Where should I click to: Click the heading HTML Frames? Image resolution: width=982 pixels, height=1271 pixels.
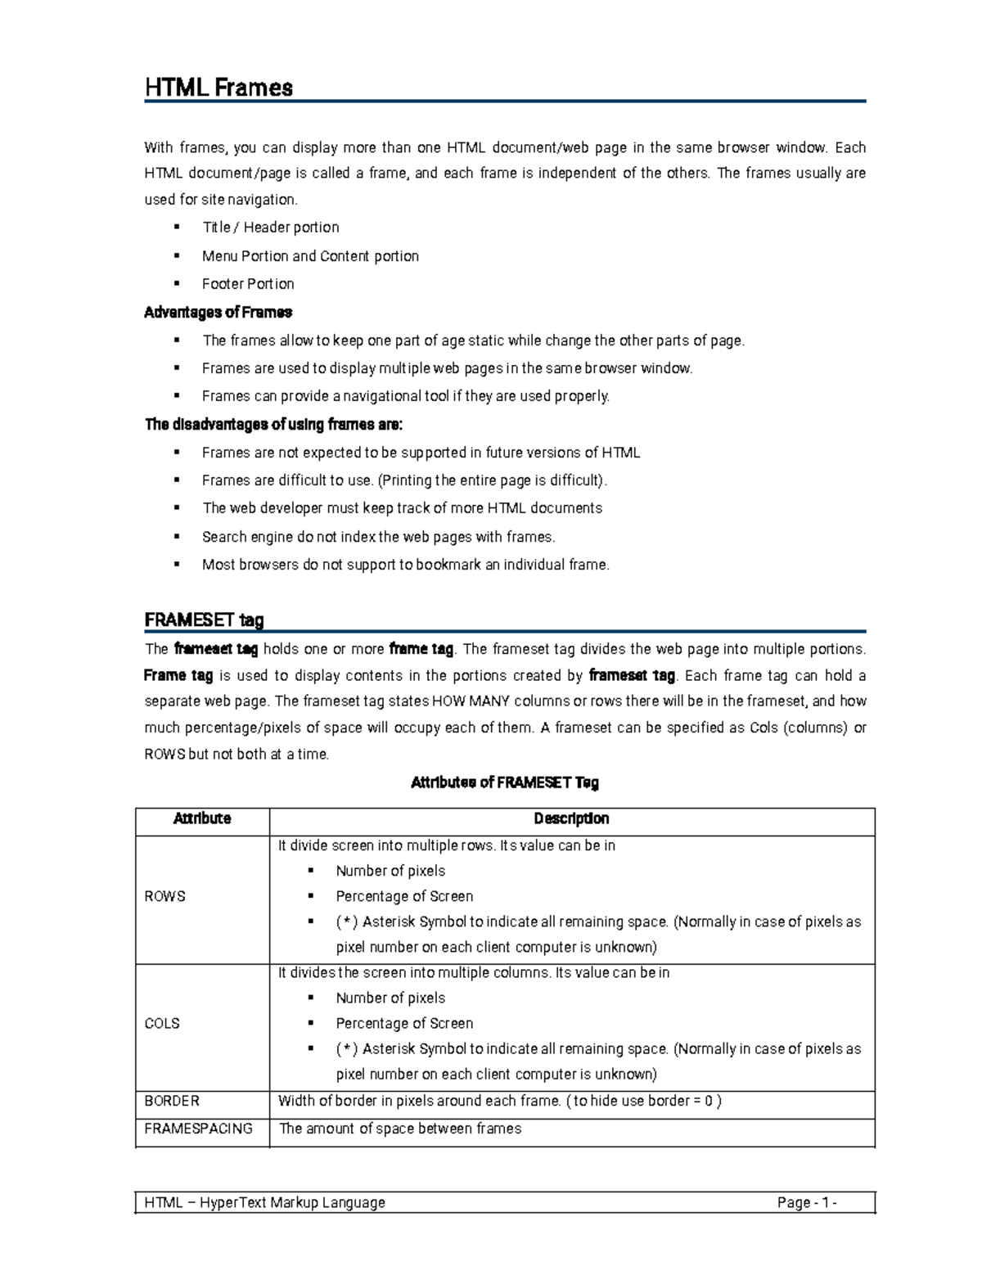point(218,88)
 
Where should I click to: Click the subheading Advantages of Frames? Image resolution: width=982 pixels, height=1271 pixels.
point(218,312)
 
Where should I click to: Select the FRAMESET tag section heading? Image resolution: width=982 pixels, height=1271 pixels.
point(204,620)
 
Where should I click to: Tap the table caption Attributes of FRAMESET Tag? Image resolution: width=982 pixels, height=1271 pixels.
point(504,782)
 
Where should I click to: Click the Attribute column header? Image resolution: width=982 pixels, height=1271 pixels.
point(202,818)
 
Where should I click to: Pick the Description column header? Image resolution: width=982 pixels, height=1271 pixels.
point(571,818)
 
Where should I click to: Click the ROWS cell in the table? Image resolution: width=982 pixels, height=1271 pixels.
point(164,896)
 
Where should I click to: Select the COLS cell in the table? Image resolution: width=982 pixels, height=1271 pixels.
point(162,1023)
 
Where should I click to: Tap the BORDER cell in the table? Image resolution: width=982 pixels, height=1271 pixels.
point(172,1101)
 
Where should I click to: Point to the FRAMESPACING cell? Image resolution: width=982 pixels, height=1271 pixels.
point(198,1129)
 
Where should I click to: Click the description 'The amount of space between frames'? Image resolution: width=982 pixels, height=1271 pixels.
point(400,1129)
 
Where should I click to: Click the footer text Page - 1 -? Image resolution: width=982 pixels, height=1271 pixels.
point(807,1202)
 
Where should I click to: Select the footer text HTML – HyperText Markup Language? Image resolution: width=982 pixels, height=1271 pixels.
point(264,1202)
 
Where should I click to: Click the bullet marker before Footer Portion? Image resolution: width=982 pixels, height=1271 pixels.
point(176,283)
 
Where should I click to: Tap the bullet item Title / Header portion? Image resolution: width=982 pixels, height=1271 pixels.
point(270,228)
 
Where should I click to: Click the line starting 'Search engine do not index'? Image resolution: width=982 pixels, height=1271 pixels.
point(378,537)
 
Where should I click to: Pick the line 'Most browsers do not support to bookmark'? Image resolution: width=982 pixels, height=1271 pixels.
point(405,565)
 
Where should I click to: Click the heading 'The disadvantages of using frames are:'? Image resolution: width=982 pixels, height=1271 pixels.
point(273,425)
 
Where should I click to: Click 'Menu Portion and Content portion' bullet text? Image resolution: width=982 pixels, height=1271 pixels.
point(310,256)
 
